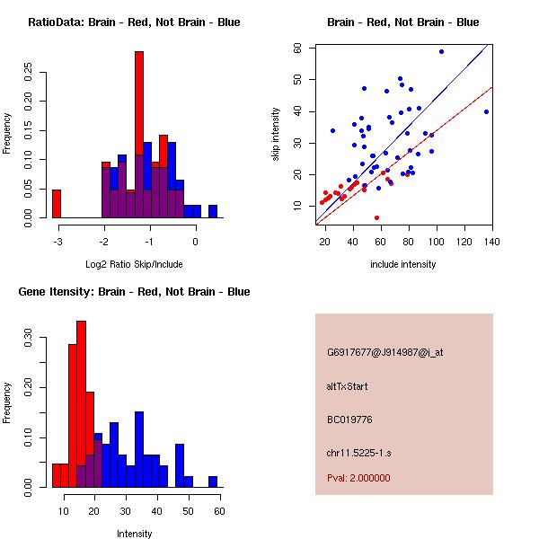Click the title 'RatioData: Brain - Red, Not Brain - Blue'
coord(134,22)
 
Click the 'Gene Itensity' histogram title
coord(134,292)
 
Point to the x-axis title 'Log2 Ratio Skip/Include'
coord(134,264)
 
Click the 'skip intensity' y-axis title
coord(276,135)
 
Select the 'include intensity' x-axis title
coord(403,264)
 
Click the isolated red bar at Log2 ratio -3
coord(57,204)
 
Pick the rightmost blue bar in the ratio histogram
coord(213,212)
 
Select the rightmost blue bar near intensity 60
coord(213,482)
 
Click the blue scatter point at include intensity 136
coord(486,112)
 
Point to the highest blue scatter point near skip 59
coord(441,51)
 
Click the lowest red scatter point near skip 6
coord(376,217)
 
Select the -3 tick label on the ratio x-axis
coord(58,242)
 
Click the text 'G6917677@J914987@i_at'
coord(384,352)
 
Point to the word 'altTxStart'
coord(348,386)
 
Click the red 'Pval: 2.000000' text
coord(358,478)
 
